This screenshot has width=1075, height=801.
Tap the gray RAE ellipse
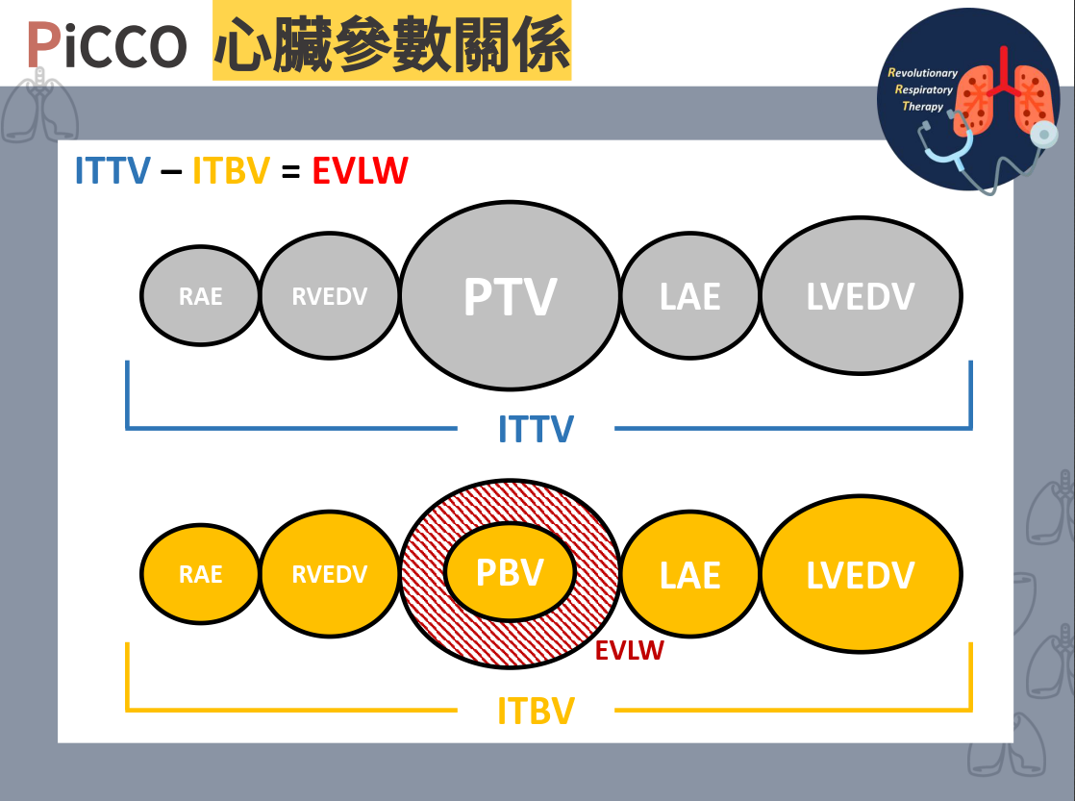pyautogui.click(x=200, y=295)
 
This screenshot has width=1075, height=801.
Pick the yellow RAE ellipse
pyautogui.click(x=200, y=574)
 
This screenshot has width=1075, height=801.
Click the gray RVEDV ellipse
pyautogui.click(x=329, y=295)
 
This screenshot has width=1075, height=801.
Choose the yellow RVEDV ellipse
pyautogui.click(x=329, y=574)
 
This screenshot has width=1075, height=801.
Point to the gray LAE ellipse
pyautogui.click(x=689, y=295)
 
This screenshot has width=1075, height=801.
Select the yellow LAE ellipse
pyautogui.click(x=689, y=574)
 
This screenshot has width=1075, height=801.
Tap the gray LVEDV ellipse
pyautogui.click(x=861, y=295)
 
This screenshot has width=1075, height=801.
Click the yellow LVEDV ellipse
pyautogui.click(x=861, y=574)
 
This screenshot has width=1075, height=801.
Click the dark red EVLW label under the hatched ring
pyautogui.click(x=629, y=651)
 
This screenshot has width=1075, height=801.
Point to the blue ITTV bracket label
pyautogui.click(x=536, y=429)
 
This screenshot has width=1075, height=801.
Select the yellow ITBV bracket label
pyautogui.click(x=536, y=712)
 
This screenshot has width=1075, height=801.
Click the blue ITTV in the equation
pyautogui.click(x=112, y=171)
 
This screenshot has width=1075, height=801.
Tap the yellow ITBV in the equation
pyautogui.click(x=231, y=171)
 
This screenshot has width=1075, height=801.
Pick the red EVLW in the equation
pyautogui.click(x=360, y=171)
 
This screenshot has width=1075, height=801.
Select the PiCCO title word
pyautogui.click(x=106, y=45)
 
